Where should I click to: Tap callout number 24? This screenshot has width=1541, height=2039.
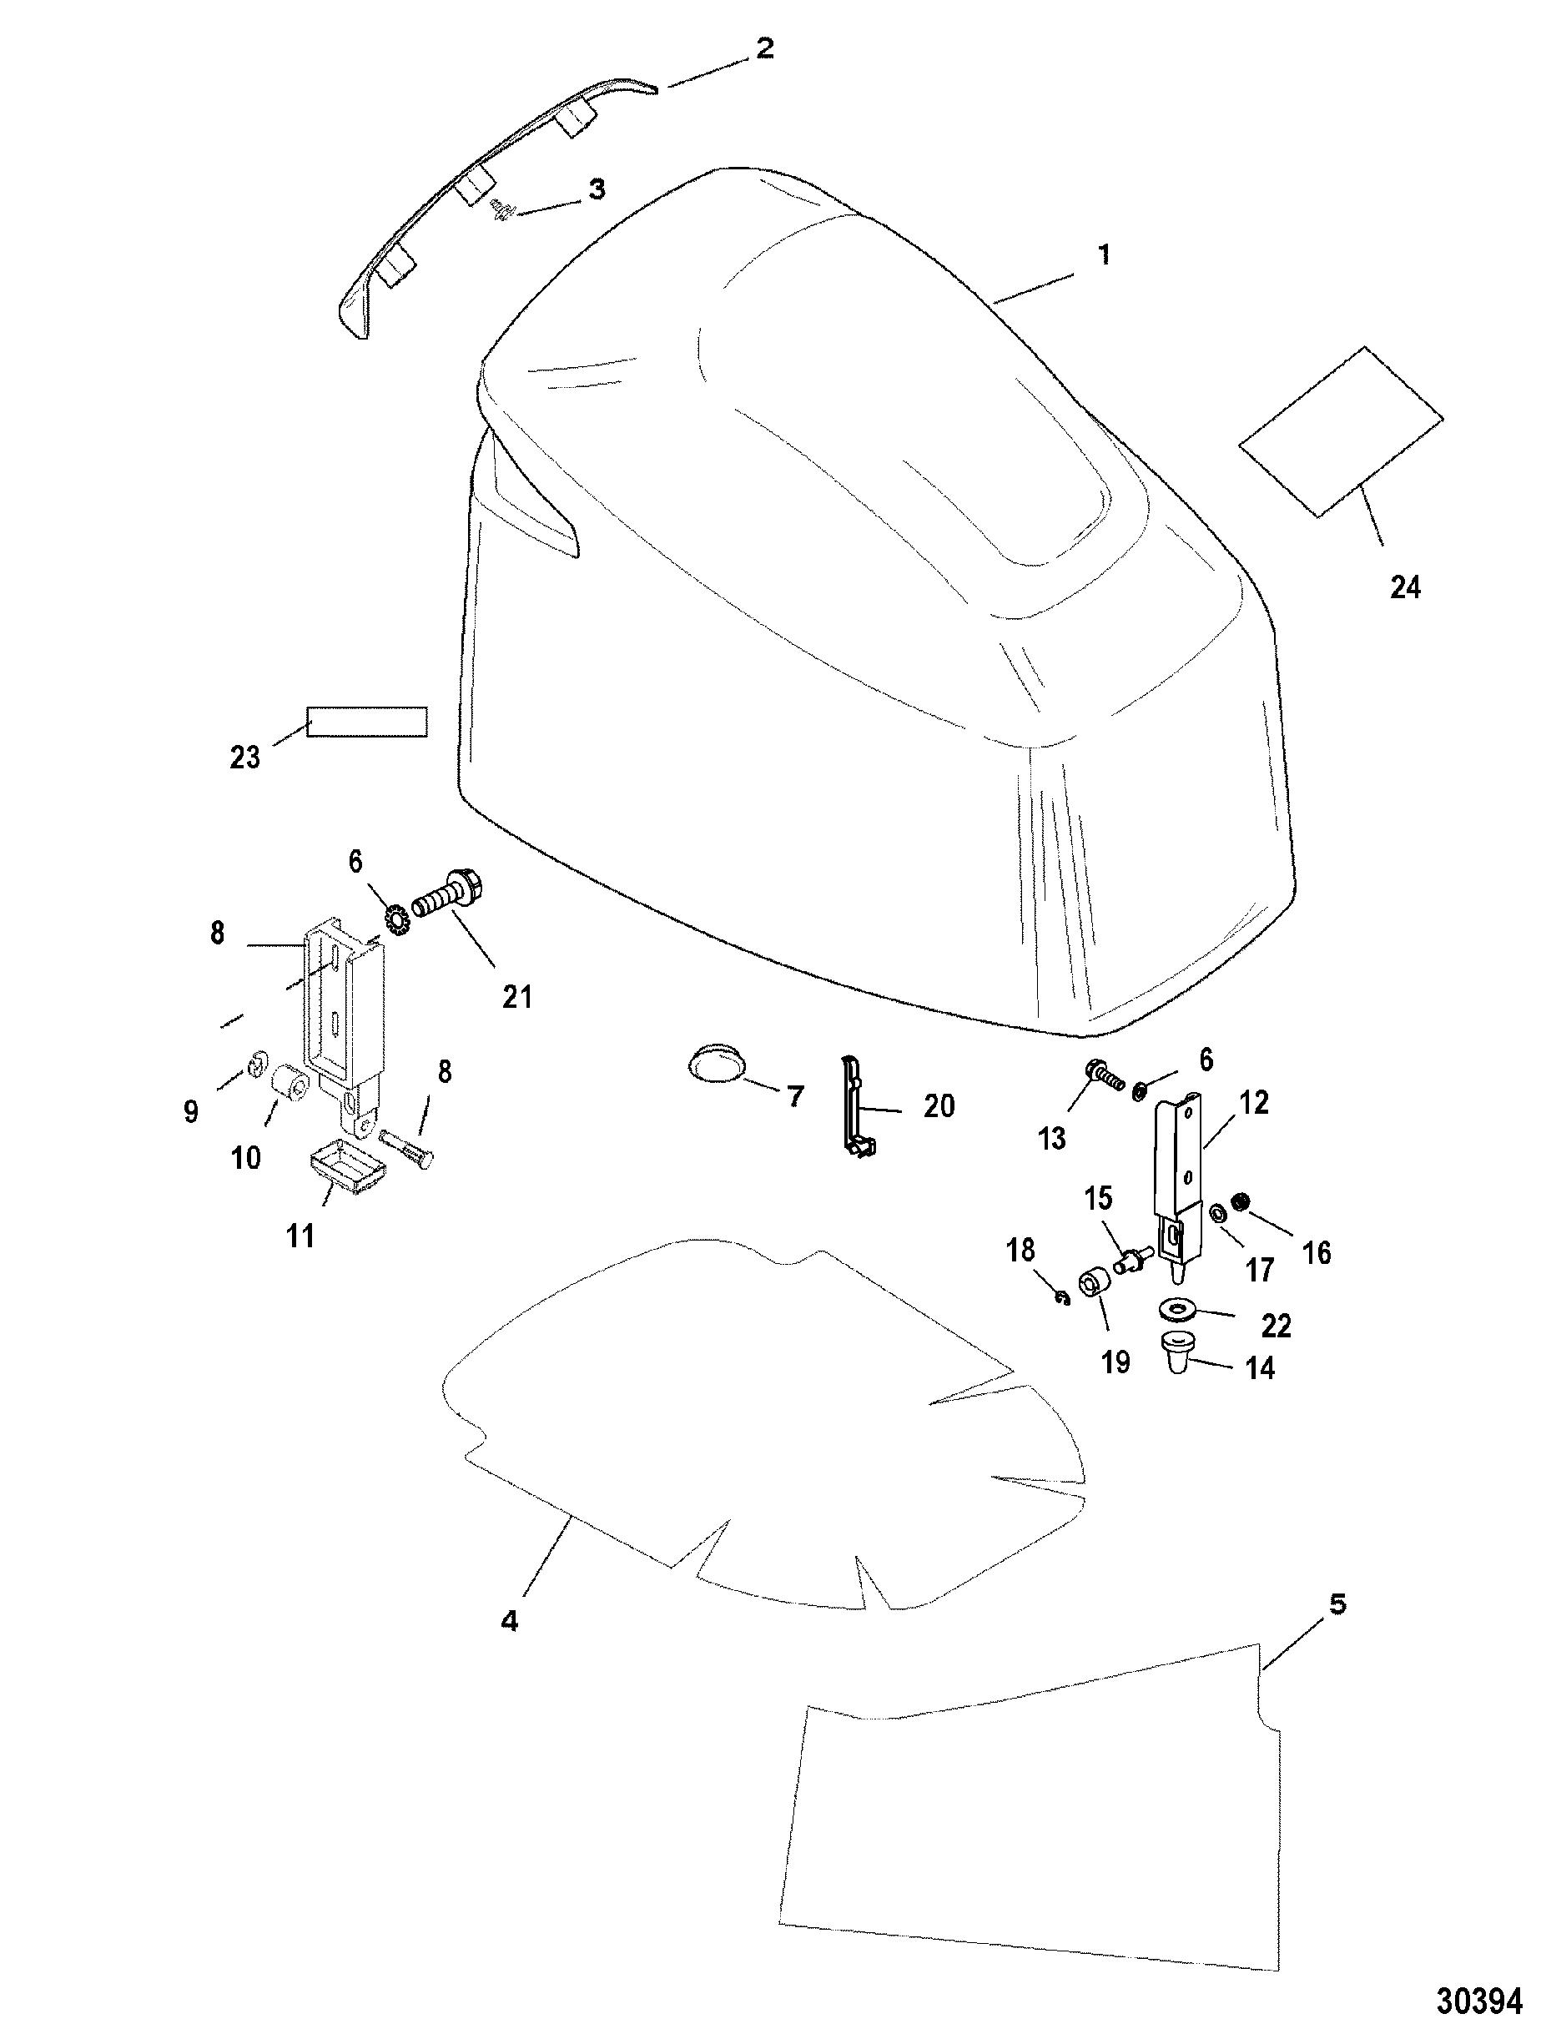click(x=1405, y=587)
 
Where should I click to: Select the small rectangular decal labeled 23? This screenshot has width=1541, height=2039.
click(x=367, y=722)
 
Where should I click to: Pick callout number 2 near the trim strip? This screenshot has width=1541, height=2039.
click(x=764, y=49)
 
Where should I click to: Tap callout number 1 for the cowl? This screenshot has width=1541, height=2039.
click(x=1103, y=254)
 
